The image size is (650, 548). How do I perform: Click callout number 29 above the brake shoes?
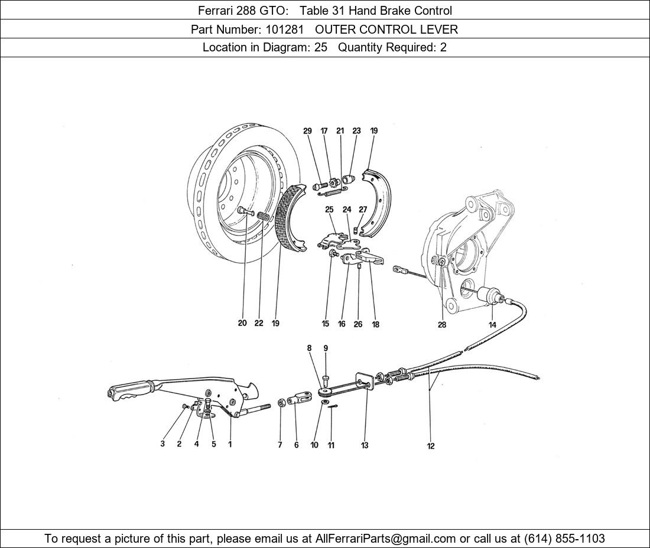coord(307,131)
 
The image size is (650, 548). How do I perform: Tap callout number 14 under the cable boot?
coord(492,325)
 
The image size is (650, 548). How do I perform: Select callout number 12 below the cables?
coord(431,446)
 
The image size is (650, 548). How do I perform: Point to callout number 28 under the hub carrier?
coord(442,325)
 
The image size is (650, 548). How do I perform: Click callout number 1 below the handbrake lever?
coord(230,444)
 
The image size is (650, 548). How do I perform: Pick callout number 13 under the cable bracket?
coord(365,445)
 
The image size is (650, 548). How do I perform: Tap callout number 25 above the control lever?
coord(329,210)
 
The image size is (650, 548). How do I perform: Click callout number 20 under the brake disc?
coord(242,323)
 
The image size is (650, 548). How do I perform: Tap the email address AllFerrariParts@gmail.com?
coord(385,539)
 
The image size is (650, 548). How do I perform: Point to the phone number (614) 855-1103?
coord(564,539)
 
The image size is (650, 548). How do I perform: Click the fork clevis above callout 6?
coord(300,399)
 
